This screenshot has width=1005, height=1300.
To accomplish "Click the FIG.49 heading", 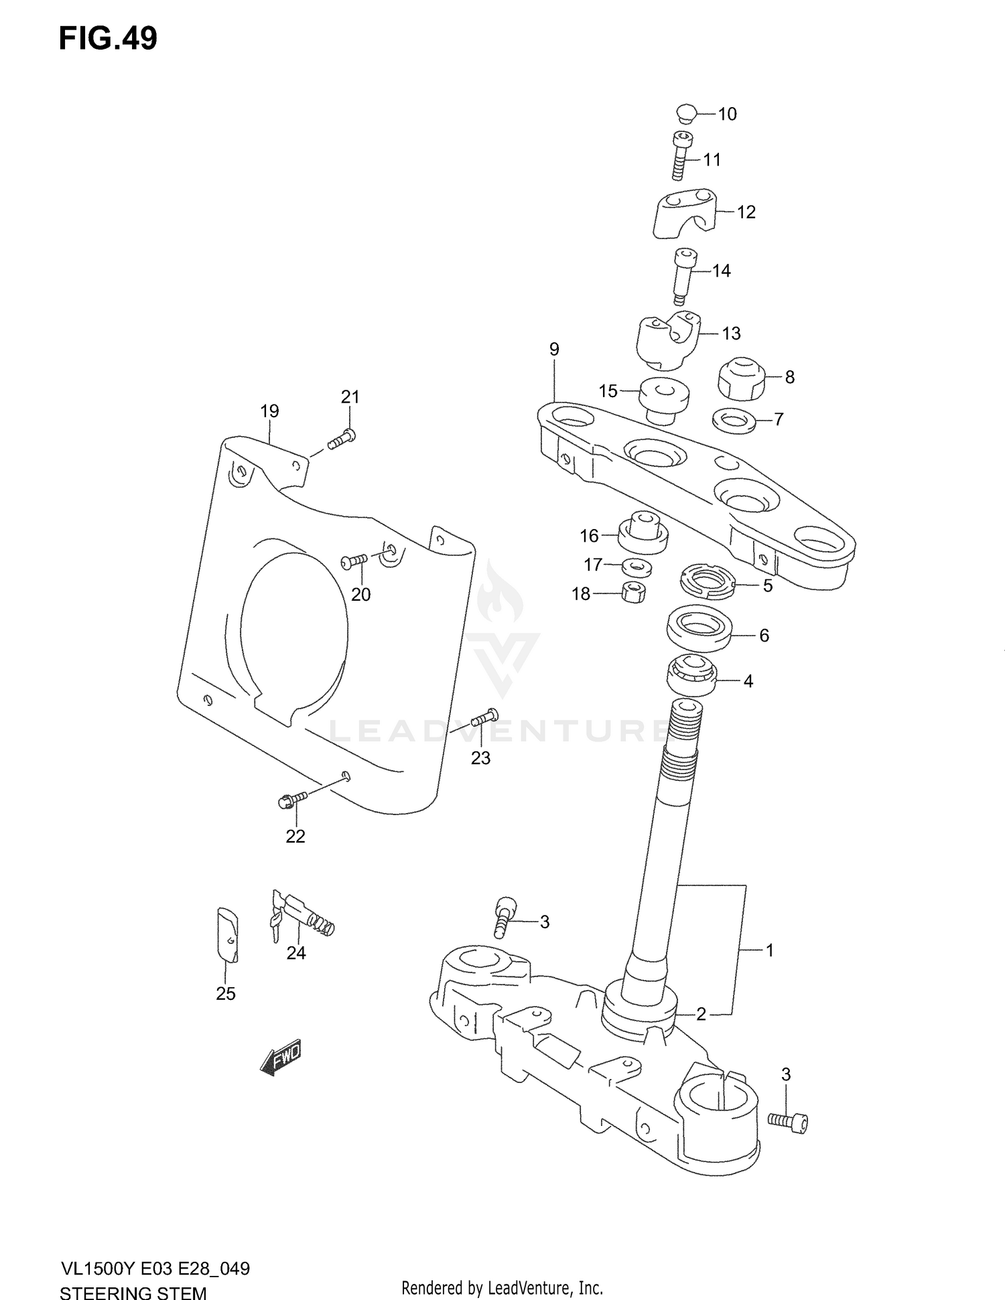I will tap(108, 39).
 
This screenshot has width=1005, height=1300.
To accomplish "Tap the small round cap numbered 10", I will tap(686, 113).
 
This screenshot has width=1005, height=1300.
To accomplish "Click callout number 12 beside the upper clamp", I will tap(746, 212).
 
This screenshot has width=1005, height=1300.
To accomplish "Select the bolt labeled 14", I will tap(683, 275).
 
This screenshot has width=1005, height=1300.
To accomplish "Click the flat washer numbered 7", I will tap(733, 421).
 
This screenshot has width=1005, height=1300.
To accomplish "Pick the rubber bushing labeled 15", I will tap(664, 399).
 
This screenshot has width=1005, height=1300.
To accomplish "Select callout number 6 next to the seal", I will tap(764, 636).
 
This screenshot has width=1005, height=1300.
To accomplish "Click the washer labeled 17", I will tap(636, 567).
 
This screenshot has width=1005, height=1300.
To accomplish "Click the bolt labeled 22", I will tap(292, 799).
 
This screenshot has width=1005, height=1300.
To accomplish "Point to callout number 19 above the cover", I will tap(269, 411).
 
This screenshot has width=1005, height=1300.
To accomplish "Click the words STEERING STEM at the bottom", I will tap(133, 1292).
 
